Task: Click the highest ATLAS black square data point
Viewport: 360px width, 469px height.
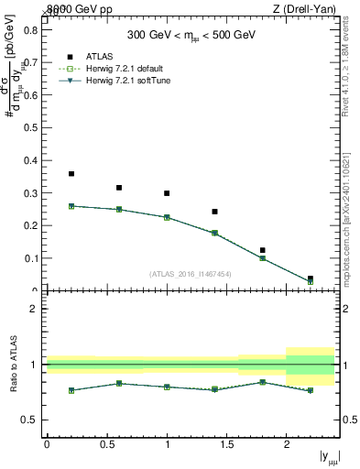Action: [x=71, y=174]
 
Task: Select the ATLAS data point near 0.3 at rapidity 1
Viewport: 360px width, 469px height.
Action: [x=167, y=193]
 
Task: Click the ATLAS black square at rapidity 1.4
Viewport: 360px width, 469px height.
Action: [x=214, y=212]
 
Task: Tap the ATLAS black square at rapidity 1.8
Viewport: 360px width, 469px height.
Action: [x=262, y=250]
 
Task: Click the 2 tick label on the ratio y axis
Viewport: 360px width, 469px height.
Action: [x=34, y=310]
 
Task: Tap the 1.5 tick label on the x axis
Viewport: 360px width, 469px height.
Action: [x=226, y=444]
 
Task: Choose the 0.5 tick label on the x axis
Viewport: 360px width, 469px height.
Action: [x=106, y=444]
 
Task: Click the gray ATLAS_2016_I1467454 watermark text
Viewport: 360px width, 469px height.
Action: [x=191, y=274]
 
